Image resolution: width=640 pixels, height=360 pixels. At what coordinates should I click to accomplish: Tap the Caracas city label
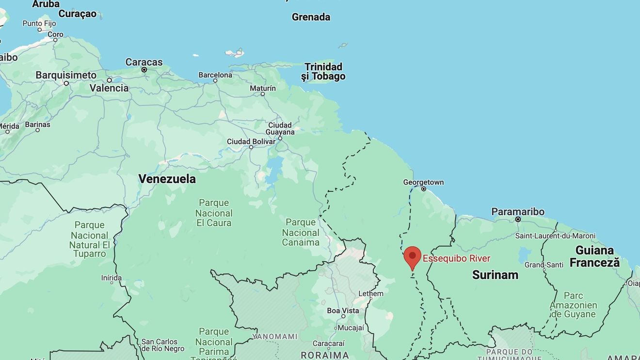tap(144, 62)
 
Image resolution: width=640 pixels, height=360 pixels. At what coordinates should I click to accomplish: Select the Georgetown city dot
tap(424, 189)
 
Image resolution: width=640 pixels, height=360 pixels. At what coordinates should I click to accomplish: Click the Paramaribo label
tap(518, 212)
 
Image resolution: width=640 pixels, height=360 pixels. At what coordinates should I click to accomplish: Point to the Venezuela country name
tap(167, 179)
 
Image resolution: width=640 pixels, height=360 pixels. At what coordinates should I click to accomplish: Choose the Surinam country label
tap(495, 275)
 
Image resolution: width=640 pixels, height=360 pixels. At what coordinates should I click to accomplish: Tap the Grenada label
tap(311, 17)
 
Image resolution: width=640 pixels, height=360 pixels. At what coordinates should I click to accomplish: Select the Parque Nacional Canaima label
tap(301, 232)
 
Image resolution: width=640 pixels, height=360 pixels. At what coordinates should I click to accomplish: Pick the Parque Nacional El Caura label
tap(214, 213)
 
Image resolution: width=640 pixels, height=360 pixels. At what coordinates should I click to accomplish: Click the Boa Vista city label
tap(343, 311)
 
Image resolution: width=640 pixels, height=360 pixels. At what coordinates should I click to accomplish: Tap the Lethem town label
tap(371, 293)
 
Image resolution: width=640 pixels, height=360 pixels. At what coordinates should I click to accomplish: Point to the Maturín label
tap(263, 88)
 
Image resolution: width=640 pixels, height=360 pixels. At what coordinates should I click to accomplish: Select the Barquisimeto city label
tap(66, 75)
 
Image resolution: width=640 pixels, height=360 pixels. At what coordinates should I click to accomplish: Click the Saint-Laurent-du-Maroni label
tap(555, 236)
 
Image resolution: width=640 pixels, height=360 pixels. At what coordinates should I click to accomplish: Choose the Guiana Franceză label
tap(594, 256)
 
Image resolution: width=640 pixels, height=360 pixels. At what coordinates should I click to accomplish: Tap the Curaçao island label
tap(78, 14)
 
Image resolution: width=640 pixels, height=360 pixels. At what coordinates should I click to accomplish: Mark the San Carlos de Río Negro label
tap(163, 345)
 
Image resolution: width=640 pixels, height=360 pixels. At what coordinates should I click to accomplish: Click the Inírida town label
tap(111, 278)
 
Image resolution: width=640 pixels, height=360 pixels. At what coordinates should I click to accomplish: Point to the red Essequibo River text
tap(456, 258)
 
